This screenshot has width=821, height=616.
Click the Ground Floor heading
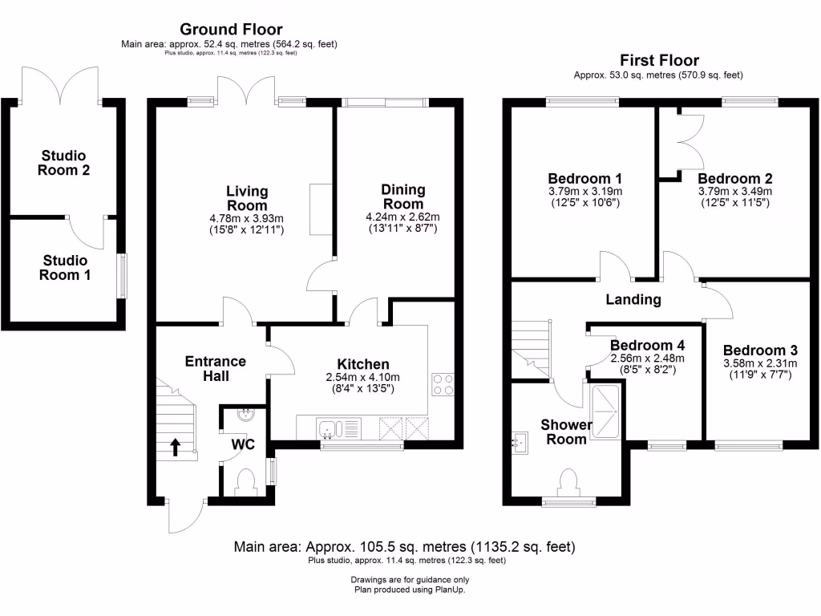230,30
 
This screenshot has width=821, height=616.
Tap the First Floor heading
659,60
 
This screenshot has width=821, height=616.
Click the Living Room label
247,198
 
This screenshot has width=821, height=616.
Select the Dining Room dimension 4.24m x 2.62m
402,217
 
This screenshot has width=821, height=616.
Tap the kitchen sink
330,429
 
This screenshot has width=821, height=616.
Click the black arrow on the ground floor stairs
175,447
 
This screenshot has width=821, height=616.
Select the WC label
243,444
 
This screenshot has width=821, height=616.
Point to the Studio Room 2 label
66,162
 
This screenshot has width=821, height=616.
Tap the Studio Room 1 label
66,267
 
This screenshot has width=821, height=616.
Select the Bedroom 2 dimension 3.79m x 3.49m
734,192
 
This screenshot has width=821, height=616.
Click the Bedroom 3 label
760,351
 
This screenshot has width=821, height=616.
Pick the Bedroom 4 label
647,345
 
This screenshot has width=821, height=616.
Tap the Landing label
633,300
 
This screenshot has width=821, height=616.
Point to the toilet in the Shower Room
569,484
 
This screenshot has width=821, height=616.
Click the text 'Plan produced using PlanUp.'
410,590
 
